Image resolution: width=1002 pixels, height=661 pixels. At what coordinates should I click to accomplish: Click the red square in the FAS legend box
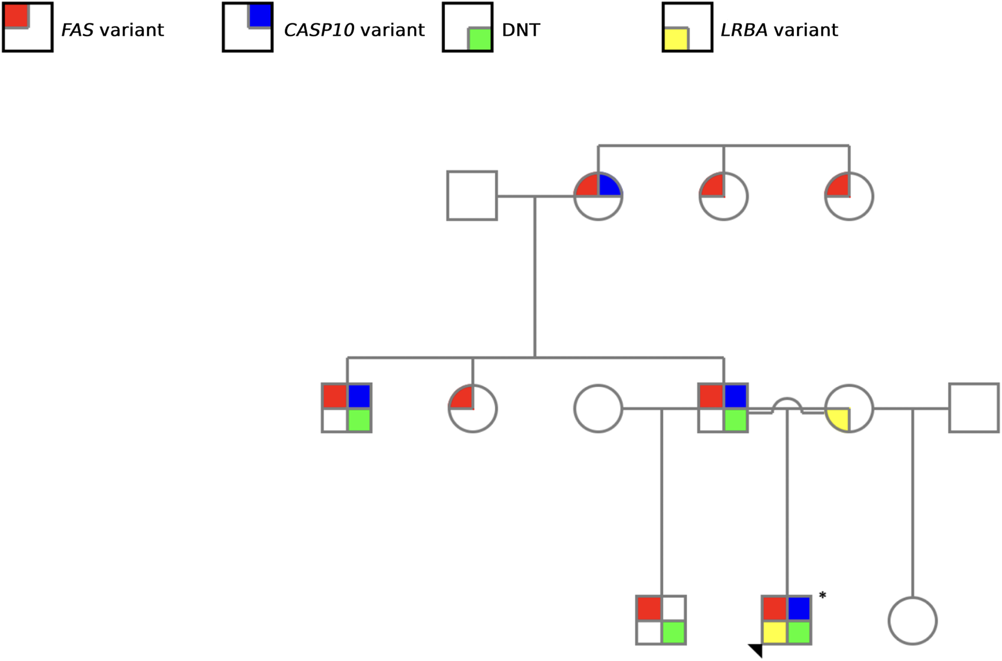tap(16, 15)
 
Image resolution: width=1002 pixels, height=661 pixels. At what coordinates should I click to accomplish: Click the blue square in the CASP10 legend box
tap(260, 15)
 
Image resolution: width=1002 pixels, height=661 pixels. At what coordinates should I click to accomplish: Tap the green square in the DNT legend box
tap(479, 40)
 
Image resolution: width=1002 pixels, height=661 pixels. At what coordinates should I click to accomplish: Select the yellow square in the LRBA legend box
tap(676, 40)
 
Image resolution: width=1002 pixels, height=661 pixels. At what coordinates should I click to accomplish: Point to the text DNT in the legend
tap(521, 30)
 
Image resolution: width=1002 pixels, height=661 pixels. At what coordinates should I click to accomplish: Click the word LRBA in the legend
tap(744, 30)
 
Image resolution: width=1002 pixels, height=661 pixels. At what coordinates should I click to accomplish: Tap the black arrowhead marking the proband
tap(756, 650)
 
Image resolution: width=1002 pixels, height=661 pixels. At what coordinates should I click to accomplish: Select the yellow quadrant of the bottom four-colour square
tap(775, 632)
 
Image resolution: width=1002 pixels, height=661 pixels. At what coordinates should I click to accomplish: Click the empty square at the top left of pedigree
tap(472, 196)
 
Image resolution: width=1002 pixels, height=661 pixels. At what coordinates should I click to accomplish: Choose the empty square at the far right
tap(974, 408)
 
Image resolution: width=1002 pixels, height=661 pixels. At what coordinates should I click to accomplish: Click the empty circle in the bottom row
tap(912, 620)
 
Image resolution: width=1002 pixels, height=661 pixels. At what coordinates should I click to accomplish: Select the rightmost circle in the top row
tap(849, 196)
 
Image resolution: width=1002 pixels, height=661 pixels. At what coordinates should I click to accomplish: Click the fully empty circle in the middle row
tap(598, 408)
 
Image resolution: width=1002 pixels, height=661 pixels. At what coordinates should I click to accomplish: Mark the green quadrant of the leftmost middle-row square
tap(359, 420)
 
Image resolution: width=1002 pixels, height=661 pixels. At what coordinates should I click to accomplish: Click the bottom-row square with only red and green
tap(661, 620)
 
